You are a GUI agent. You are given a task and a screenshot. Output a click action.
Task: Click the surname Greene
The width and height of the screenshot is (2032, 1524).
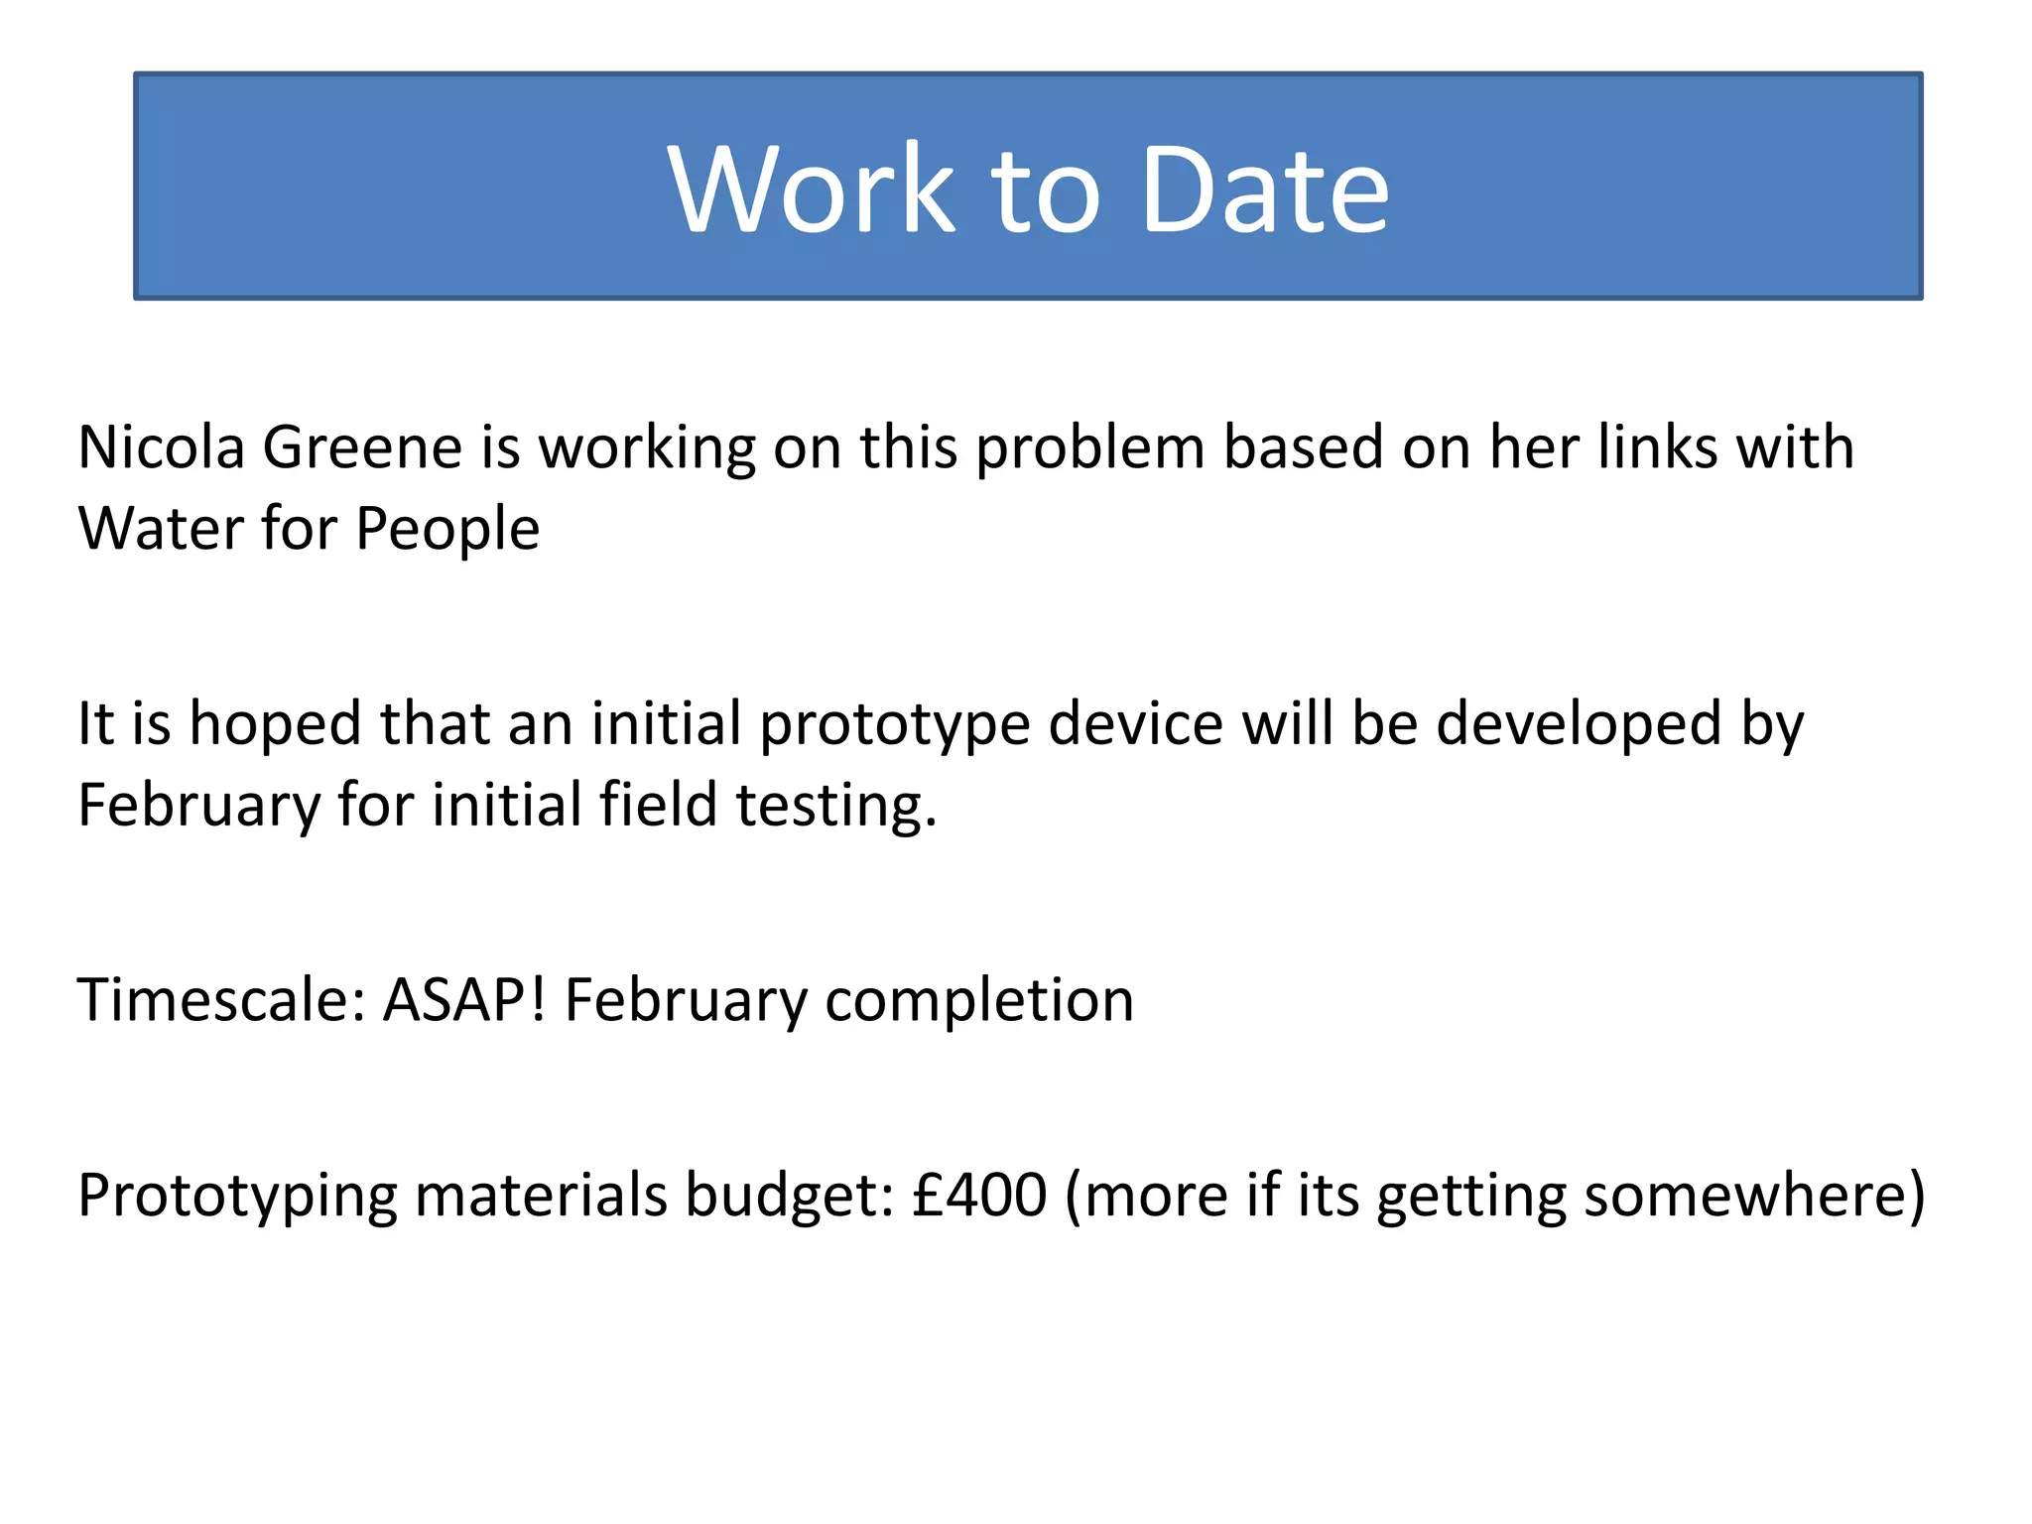point(362,447)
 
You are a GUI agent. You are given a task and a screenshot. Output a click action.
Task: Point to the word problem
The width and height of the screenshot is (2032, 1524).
point(1088,449)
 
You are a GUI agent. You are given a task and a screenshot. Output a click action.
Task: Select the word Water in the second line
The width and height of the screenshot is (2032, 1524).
point(159,529)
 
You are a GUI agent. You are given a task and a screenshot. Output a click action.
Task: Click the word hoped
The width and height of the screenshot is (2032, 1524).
point(275,724)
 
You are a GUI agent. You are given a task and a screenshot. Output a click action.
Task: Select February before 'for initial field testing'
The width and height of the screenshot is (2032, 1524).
point(198,806)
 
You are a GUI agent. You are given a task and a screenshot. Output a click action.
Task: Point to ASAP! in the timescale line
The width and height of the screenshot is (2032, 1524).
point(464,1000)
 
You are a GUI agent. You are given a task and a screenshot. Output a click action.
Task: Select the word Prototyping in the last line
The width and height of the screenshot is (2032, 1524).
point(237,1197)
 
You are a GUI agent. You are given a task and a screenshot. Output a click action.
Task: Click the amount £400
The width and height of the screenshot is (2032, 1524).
point(979,1195)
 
